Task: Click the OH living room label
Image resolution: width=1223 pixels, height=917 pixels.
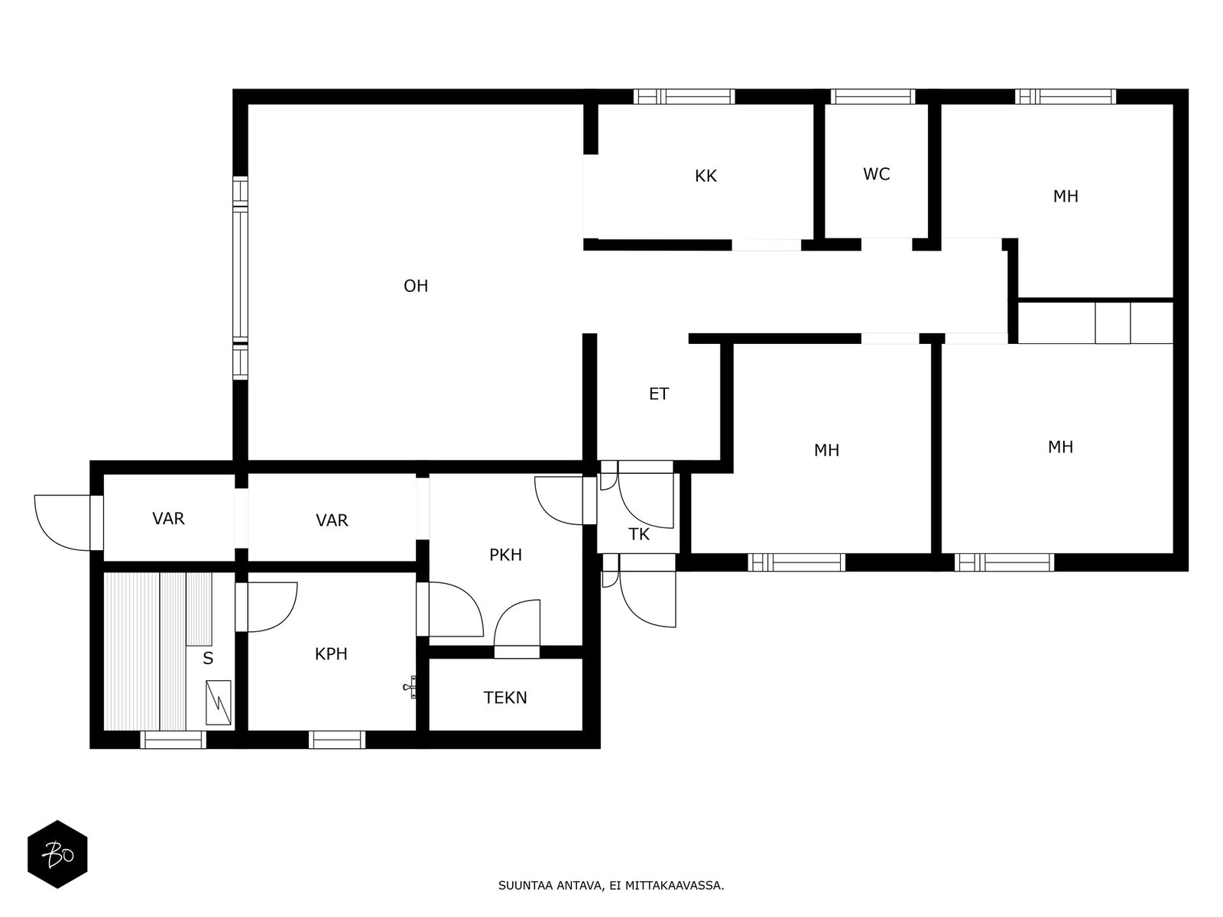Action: pyautogui.click(x=416, y=286)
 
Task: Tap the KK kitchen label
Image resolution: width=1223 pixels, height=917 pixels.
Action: pyautogui.click(x=706, y=177)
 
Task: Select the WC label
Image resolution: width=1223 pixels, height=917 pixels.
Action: pyautogui.click(x=877, y=174)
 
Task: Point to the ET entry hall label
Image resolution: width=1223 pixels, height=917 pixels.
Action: pyautogui.click(x=659, y=394)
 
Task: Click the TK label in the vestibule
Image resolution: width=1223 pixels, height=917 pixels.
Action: pyautogui.click(x=638, y=534)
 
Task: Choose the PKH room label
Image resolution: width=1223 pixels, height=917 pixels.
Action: pyautogui.click(x=505, y=555)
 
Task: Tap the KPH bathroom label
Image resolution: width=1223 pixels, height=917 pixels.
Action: pyautogui.click(x=331, y=653)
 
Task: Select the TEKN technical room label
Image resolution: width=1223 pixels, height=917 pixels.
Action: pyautogui.click(x=504, y=698)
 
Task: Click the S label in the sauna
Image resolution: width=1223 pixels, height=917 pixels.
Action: pyautogui.click(x=208, y=659)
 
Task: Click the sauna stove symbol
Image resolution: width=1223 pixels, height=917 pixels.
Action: pyautogui.click(x=219, y=702)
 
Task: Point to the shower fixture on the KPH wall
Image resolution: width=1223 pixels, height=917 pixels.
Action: pyautogui.click(x=410, y=686)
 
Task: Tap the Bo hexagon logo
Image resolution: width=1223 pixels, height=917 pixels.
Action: pyautogui.click(x=58, y=854)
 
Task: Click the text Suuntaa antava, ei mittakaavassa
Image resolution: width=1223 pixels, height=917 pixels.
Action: pyautogui.click(x=611, y=886)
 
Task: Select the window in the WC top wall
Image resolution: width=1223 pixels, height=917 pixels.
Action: pyautogui.click(x=873, y=97)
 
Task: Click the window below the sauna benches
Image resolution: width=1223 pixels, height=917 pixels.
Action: pyautogui.click(x=173, y=740)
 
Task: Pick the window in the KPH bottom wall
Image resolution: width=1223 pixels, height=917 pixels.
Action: pyautogui.click(x=337, y=740)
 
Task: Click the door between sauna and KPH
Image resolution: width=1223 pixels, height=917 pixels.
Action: pyautogui.click(x=266, y=607)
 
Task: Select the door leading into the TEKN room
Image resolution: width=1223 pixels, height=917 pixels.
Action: pyautogui.click(x=517, y=629)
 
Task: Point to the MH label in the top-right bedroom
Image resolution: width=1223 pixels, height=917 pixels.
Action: pyautogui.click(x=1066, y=196)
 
